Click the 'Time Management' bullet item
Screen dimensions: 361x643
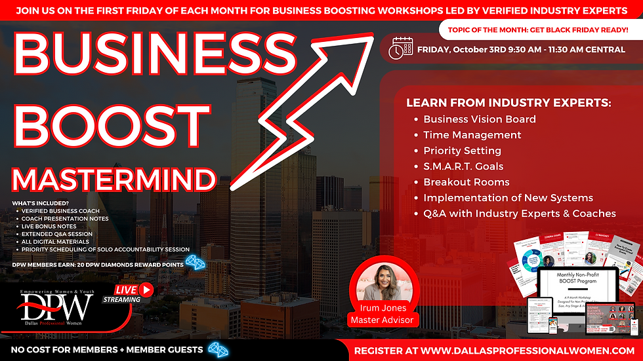[x=472, y=135]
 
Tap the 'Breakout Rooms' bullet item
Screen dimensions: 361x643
[x=466, y=182]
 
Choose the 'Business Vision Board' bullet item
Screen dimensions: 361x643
[x=479, y=119]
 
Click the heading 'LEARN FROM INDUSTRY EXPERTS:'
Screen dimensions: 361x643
[x=508, y=104]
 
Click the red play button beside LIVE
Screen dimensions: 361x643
[x=146, y=288]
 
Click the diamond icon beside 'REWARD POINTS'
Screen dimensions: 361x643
[x=195, y=261]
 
